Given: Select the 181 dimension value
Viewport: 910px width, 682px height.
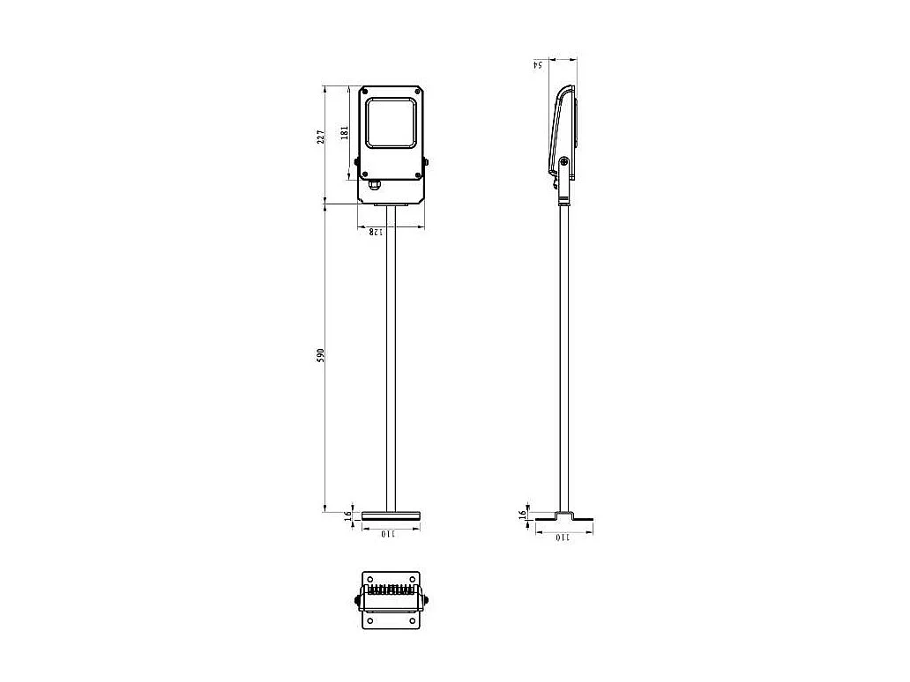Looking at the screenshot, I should tap(346, 131).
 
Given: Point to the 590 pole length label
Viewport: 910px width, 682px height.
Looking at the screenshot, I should tap(322, 354).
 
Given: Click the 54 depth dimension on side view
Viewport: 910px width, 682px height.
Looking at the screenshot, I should tap(537, 63).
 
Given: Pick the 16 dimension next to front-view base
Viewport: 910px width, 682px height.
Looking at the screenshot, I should tap(347, 514).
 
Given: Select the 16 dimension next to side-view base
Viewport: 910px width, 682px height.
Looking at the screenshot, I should tap(523, 514).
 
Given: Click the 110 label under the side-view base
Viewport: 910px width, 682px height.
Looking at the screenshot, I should tap(563, 537).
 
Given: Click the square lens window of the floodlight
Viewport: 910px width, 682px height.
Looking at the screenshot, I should tap(392, 122).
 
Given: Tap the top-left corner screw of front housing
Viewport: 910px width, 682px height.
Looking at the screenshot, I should tap(365, 91).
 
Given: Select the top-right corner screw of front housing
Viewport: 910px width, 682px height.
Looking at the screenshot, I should tap(418, 91).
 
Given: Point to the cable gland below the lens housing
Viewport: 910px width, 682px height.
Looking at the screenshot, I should tap(374, 183).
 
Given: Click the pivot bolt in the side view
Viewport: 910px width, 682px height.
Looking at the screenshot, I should tap(564, 161).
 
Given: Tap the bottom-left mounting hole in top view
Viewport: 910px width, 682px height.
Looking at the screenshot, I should tap(370, 620).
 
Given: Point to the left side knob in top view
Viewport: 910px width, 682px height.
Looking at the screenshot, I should tap(358, 601).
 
